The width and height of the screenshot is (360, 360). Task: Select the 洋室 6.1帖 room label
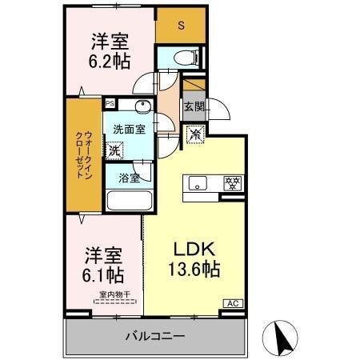pos(104,266)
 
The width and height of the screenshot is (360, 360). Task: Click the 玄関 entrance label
pos(194,106)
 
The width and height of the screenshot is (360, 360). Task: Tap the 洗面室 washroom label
pos(128,128)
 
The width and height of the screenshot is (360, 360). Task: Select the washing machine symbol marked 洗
pos(115,150)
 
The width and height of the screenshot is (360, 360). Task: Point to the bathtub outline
pos(124,201)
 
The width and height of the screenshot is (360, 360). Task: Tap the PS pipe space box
pos(109,102)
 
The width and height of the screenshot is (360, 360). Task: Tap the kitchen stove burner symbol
pos(231,182)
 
